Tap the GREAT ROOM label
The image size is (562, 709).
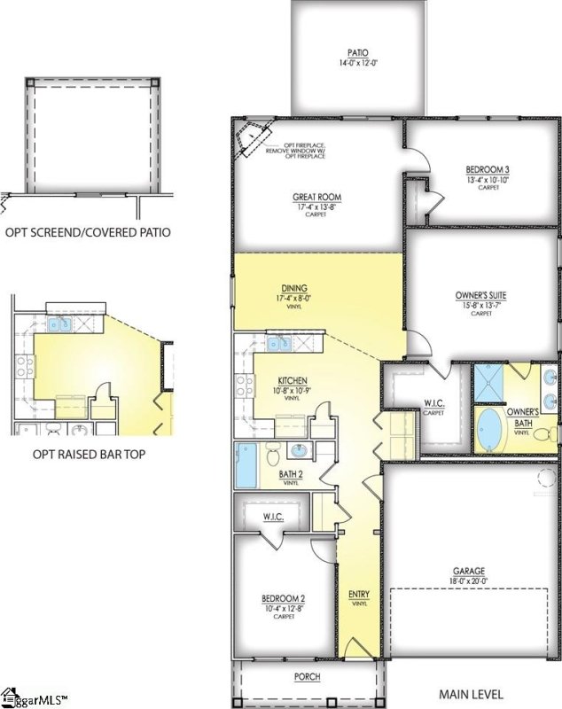[x=316, y=198]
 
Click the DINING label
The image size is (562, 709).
[x=294, y=288]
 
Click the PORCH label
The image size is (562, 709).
[x=308, y=677]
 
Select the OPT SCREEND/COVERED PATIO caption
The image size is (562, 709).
[x=88, y=233]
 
